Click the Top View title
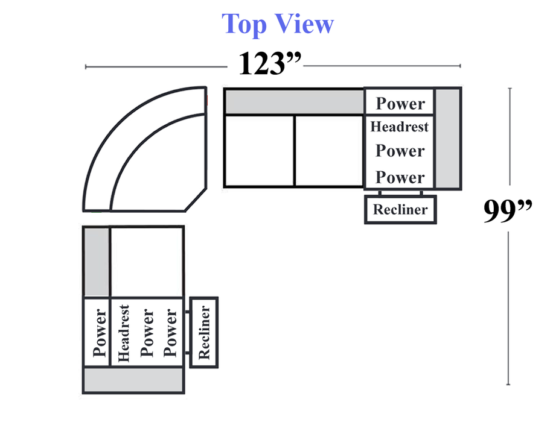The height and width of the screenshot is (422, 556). click(277, 24)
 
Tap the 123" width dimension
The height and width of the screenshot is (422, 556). click(269, 63)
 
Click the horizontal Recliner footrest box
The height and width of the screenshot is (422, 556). click(400, 209)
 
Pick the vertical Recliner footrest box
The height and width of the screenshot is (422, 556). click(204, 332)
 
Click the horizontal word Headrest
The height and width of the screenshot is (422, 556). click(400, 127)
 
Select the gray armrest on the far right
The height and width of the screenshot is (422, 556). click(448, 138)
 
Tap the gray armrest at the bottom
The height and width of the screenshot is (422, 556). click(133, 381)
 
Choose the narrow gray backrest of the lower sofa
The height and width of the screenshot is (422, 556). click(96, 262)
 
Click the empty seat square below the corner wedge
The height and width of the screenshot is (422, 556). click(147, 262)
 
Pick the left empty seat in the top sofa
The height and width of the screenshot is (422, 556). click(260, 151)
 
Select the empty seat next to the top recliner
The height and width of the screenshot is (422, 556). click(330, 151)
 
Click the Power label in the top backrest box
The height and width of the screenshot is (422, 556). click(400, 102)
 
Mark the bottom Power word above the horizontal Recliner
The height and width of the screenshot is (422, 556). click(400, 177)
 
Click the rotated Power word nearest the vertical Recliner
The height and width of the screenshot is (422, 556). click(171, 333)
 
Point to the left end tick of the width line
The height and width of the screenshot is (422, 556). click(86, 67)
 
